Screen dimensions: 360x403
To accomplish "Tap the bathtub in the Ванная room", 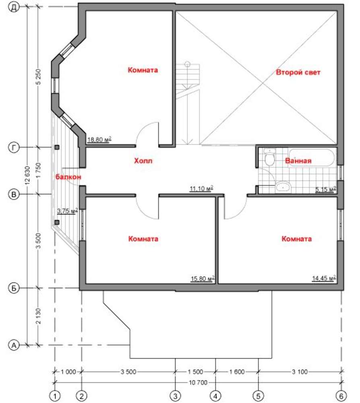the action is pos(311,158).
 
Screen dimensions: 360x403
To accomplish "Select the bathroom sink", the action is pos(283,187).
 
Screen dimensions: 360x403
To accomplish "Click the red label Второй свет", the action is pos(298,73).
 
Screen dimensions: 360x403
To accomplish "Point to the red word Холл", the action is pos(143,161).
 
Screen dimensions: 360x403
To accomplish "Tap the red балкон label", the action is pos(68,177).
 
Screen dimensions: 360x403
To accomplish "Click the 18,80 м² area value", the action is pos(99,139).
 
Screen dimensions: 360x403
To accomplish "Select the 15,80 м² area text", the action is pos(203,278).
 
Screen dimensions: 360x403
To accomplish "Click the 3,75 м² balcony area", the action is pos(67,211).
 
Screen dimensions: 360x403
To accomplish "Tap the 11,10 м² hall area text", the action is pos(202,189).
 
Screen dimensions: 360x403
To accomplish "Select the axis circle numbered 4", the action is pos(215,396).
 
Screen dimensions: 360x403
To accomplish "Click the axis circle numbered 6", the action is pos(341,396).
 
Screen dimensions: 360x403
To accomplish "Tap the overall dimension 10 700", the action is pos(198,383).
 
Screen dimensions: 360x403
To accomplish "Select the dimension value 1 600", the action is pos(237,372).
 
